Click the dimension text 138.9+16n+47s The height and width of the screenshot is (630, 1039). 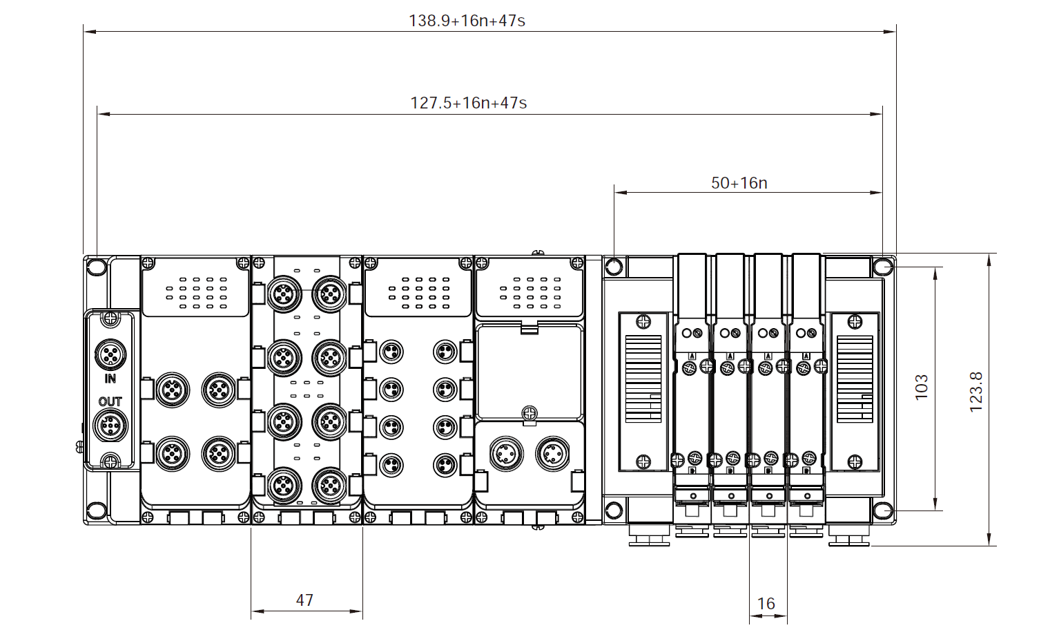467,21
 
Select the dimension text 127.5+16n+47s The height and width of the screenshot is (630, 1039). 469,103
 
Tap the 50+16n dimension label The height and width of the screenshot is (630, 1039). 739,183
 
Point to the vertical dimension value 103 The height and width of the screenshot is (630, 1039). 922,387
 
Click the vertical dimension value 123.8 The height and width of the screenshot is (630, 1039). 975,392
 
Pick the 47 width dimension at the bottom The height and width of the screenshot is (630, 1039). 304,600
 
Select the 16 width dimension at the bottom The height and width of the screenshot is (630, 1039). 766,604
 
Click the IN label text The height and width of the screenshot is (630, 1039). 110,379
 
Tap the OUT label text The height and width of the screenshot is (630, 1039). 110,401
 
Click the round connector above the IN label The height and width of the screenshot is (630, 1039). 110,355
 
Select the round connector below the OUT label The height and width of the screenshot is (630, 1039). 110,426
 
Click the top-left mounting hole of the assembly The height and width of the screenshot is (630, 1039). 97,267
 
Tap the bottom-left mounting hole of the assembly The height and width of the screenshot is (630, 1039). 97,510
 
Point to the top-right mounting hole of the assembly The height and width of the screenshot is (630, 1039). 882,266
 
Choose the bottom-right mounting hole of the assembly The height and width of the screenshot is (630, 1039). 882,511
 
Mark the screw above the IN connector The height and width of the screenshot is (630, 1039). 110,319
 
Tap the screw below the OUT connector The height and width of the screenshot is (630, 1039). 110,461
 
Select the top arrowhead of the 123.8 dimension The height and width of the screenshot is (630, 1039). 989,258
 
